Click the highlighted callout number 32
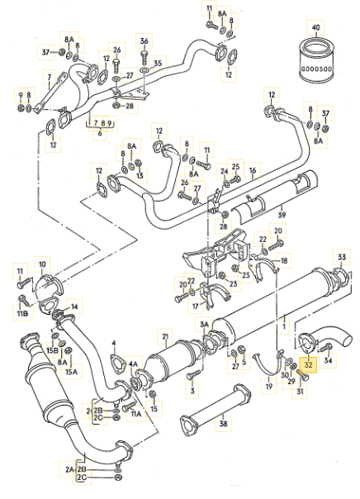[x=309, y=364]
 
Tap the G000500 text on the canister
[x=316, y=69]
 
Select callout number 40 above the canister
[x=315, y=28]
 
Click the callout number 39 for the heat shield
[x=282, y=215]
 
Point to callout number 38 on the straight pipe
[x=224, y=424]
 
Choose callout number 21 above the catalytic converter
[x=165, y=337]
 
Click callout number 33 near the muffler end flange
[x=342, y=257]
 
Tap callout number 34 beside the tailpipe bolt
[x=328, y=360]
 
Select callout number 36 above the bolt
[x=144, y=41]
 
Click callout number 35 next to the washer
[x=158, y=64]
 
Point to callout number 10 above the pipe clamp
[x=42, y=264]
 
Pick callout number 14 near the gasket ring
[x=74, y=307]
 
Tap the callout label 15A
[x=72, y=372]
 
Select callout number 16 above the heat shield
[x=253, y=170]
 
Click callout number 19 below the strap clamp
[x=269, y=387]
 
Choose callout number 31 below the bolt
[x=300, y=391]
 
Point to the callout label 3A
[x=204, y=325]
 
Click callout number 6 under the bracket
[x=100, y=133]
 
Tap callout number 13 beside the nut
[x=140, y=175]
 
